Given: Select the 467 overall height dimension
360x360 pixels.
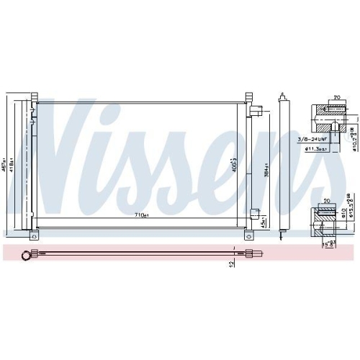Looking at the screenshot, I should (5, 165).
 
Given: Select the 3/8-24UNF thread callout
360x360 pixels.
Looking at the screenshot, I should (311, 139).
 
